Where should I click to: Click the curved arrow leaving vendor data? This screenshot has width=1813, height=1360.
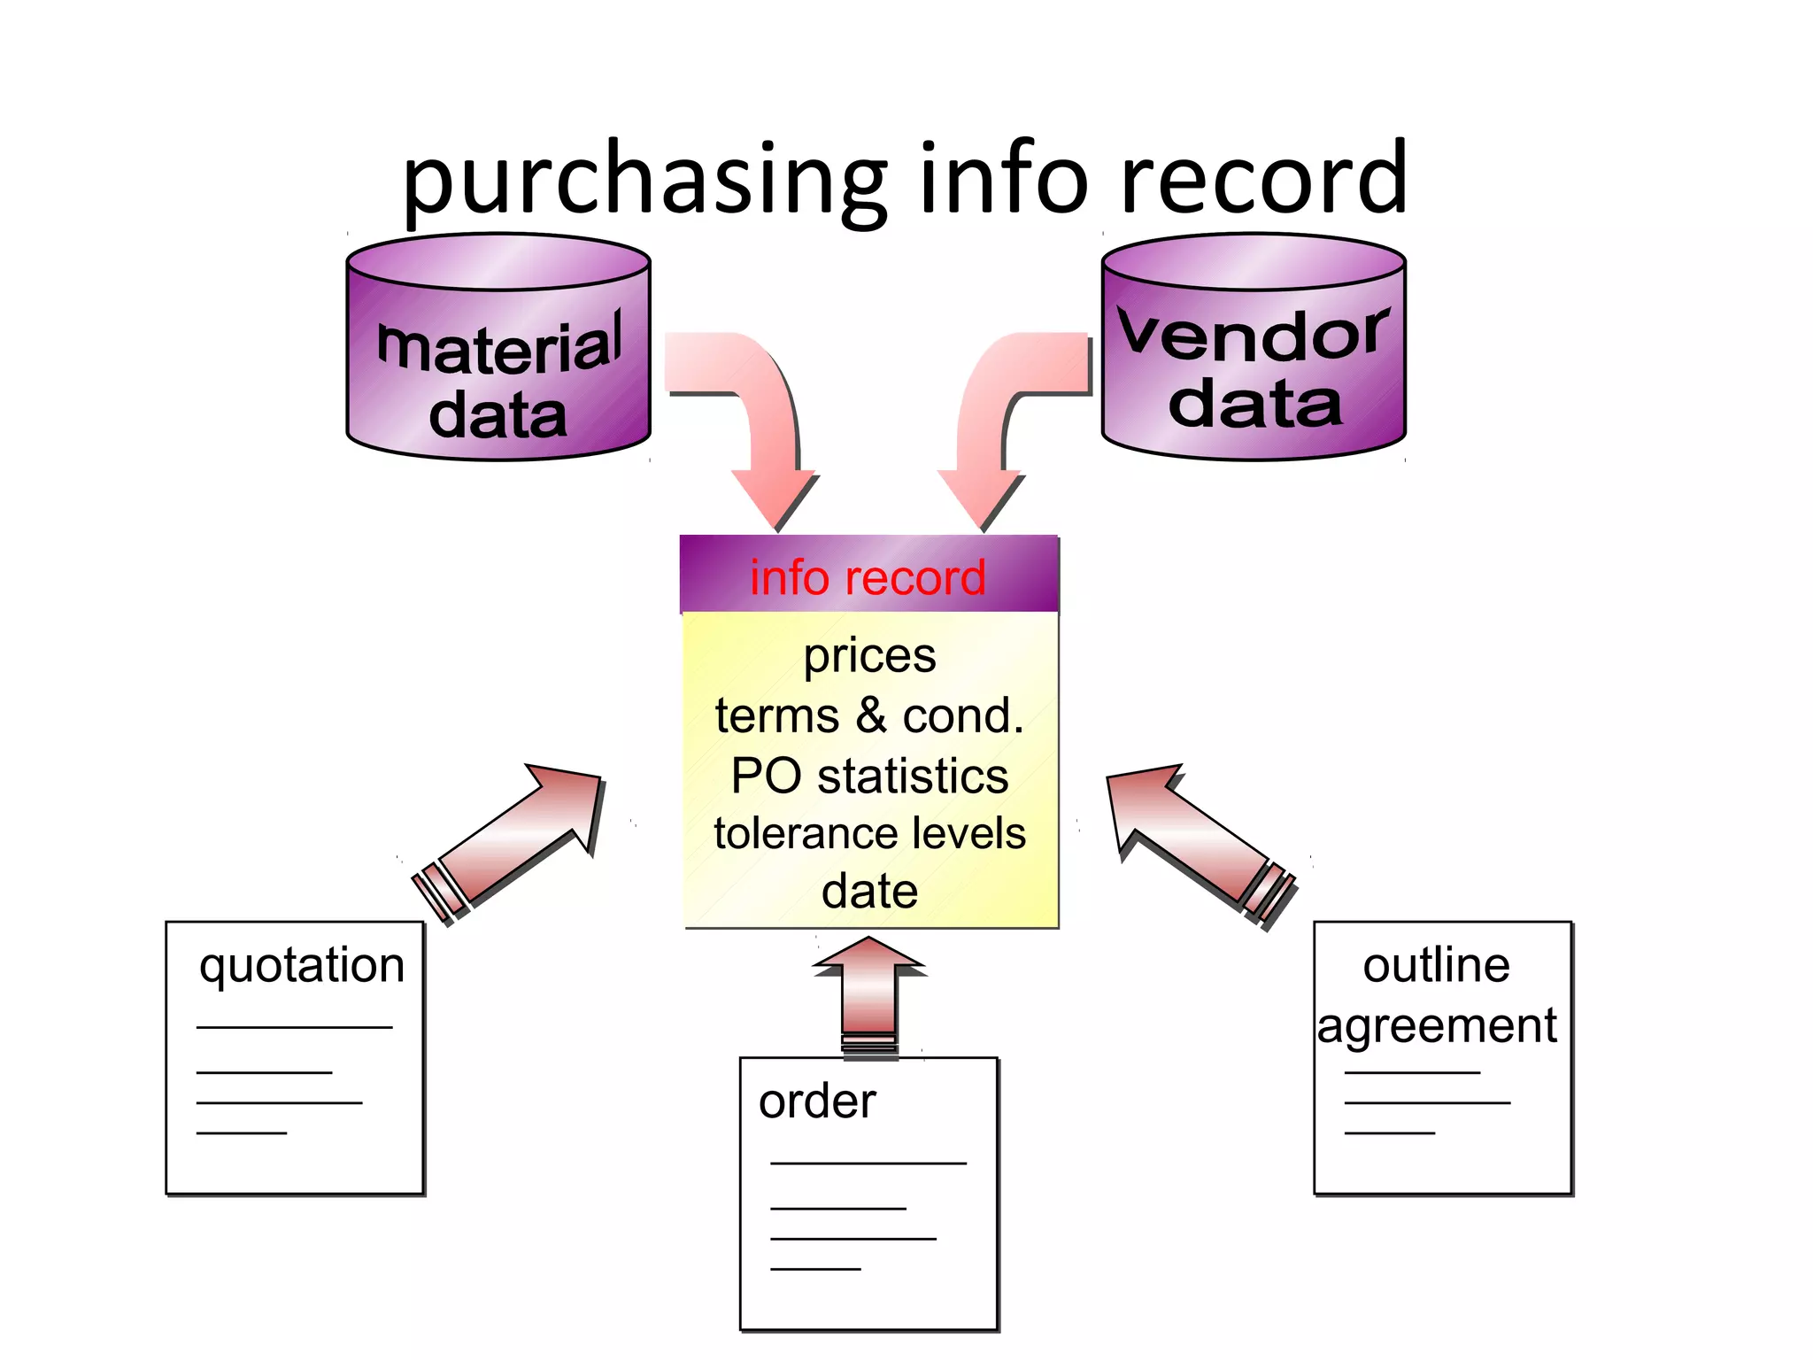click(991, 416)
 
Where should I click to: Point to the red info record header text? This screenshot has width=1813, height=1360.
click(868, 578)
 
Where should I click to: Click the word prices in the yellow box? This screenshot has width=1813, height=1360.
click(869, 656)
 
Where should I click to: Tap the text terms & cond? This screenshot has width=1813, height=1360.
click(869, 715)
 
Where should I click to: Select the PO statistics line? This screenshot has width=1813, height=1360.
click(869, 776)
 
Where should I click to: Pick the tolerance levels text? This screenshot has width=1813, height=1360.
click(869, 834)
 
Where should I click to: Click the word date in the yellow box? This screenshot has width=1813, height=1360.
click(869, 892)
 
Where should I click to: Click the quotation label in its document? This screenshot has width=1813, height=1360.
click(302, 965)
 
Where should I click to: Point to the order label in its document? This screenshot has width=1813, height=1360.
click(816, 1101)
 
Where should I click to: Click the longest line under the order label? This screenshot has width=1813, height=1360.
click(868, 1163)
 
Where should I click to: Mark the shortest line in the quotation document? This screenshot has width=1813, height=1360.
click(241, 1133)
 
